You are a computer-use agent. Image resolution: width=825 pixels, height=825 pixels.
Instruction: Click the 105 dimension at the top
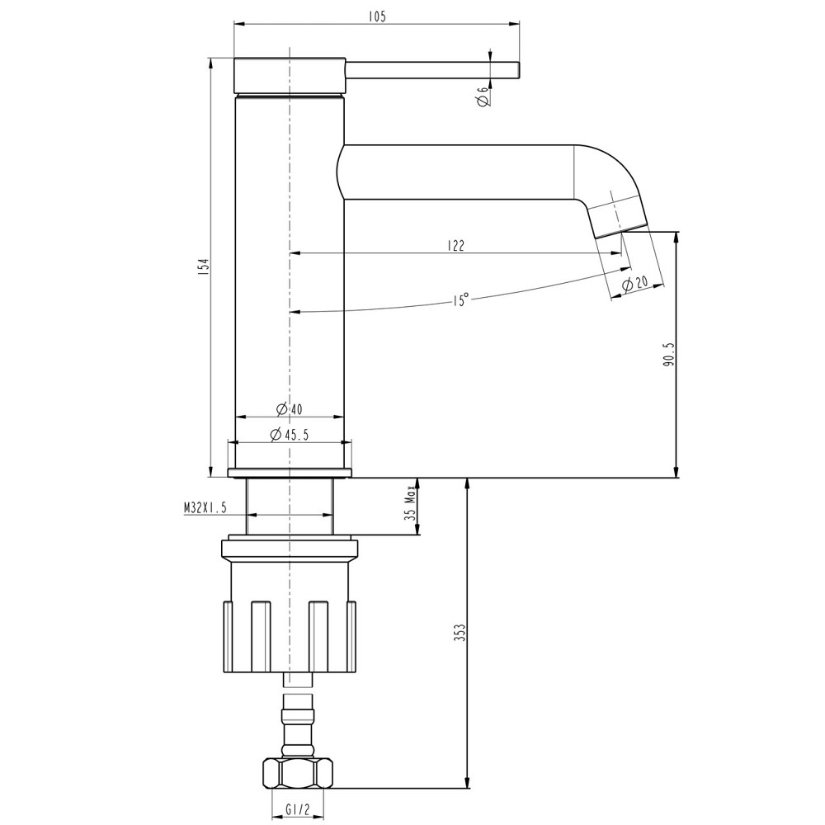(x=379, y=16)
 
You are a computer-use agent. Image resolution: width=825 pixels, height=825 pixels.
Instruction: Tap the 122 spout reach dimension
(x=455, y=245)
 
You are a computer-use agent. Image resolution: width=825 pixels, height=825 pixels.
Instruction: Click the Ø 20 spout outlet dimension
(x=635, y=283)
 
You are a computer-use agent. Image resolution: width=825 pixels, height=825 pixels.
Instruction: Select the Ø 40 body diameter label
(x=290, y=409)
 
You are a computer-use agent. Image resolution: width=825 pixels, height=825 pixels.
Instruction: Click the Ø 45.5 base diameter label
(x=290, y=435)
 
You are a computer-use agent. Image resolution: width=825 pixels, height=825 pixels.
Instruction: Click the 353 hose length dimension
(x=460, y=633)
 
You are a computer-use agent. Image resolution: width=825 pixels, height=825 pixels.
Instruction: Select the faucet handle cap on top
(x=290, y=76)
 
